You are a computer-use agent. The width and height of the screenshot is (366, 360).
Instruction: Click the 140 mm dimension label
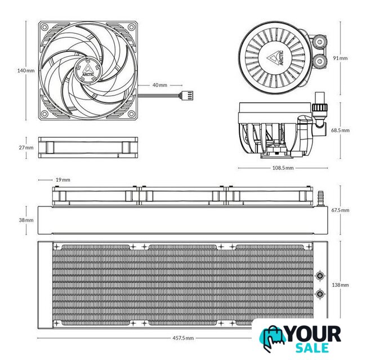[26, 70]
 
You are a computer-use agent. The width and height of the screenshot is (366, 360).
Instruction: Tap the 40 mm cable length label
[160, 85]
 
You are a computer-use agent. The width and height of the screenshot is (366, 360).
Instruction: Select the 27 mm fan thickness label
[26, 147]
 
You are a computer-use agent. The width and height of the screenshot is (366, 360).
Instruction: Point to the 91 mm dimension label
[340, 58]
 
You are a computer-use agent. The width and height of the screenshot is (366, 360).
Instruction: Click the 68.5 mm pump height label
[340, 130]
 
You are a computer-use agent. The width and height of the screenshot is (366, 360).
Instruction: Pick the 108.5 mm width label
[283, 168]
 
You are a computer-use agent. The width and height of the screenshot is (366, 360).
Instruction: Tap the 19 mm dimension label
[63, 180]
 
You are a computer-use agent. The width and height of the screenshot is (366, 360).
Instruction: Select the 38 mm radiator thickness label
[26, 220]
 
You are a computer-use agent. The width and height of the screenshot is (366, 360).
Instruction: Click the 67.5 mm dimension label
[340, 210]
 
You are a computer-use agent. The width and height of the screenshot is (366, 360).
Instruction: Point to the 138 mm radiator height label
[340, 285]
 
